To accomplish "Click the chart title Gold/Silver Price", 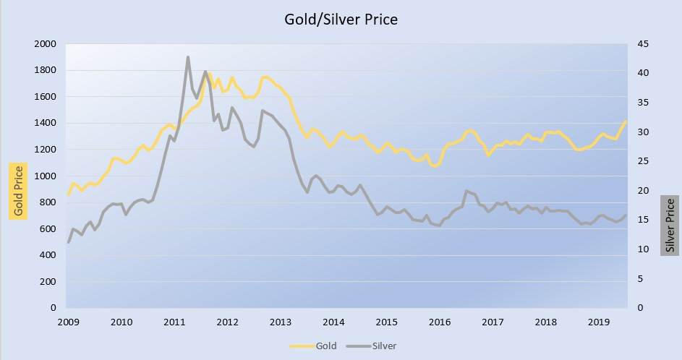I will click(x=341, y=20).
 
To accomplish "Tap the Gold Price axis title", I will click(x=18, y=190).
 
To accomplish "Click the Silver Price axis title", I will click(x=670, y=224).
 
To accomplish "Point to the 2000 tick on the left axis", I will click(x=45, y=44).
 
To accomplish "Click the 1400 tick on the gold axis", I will click(x=45, y=124).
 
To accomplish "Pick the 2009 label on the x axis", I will click(x=68, y=322).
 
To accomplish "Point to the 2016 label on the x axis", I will click(x=440, y=322).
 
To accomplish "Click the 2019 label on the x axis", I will click(x=599, y=322).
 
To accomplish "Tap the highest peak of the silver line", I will click(x=188, y=57).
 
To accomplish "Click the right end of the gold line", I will click(x=626, y=121).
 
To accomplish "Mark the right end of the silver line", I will click(x=626, y=215).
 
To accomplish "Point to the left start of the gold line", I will click(x=69, y=194).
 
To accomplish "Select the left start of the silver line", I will click(x=69, y=242).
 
